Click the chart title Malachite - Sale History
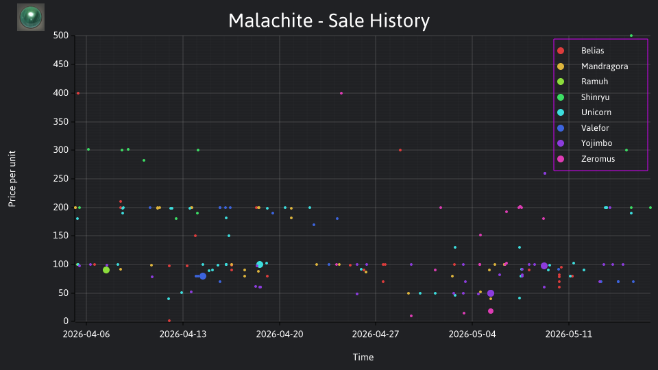tap(329, 21)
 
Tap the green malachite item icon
tap(31, 17)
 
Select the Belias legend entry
tap(592, 51)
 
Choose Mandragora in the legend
tap(605, 66)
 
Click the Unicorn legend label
tap(596, 112)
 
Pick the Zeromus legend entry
tap(598, 159)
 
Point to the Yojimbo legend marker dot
tap(561, 143)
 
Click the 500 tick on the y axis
tap(61, 36)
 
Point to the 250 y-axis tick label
tap(61, 179)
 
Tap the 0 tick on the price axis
tap(66, 321)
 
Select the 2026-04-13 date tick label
tap(183, 334)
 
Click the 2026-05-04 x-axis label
tap(472, 334)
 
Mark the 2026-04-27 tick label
tap(376, 334)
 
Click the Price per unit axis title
tap(12, 179)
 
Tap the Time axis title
tap(363, 358)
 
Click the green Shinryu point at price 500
tap(631, 36)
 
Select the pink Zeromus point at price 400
tap(341, 93)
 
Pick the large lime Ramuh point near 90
tap(106, 270)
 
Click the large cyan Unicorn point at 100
tap(260, 264)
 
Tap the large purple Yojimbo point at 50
tap(491, 294)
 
